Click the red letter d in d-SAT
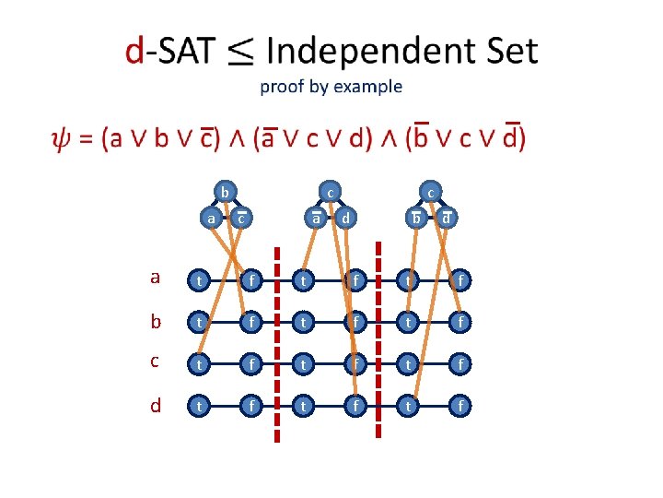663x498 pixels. tap(134, 52)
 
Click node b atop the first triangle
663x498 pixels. tap(224, 192)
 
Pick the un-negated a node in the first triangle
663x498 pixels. tap(210, 219)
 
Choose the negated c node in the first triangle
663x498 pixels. tap(239, 219)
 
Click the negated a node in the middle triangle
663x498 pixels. tap(316, 219)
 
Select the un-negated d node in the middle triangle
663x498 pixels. tap(345, 219)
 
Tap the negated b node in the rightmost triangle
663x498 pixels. tap(416, 219)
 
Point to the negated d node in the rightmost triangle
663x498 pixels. tap(446, 219)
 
